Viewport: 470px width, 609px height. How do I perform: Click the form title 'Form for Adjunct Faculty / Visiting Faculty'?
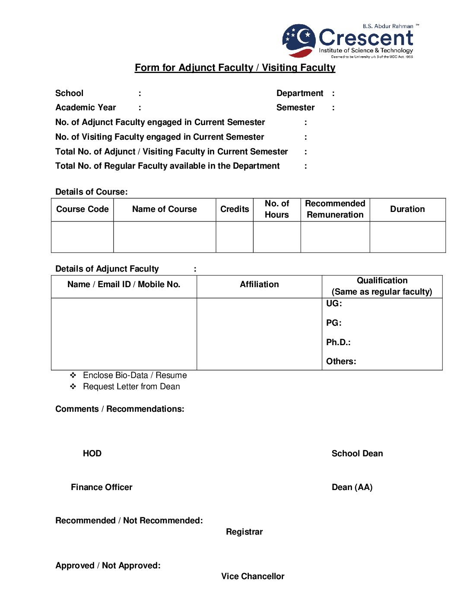[x=235, y=67]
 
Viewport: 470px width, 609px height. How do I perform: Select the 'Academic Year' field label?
[x=86, y=108]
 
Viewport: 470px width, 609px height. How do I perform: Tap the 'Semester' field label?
[x=295, y=108]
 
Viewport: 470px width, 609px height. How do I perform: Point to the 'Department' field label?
[x=300, y=93]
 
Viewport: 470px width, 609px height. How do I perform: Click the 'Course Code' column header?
[x=83, y=209]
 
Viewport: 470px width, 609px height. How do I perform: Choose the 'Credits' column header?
[x=235, y=209]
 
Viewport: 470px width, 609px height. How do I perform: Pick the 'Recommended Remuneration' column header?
[x=335, y=209]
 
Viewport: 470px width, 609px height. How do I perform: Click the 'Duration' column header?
[x=407, y=209]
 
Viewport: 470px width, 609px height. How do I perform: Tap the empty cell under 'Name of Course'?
[x=165, y=237]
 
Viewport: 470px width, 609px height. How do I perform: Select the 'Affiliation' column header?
[x=259, y=285]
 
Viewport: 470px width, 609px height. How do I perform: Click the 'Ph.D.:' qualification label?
[x=338, y=343]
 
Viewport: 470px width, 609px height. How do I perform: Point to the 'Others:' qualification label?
[x=341, y=362]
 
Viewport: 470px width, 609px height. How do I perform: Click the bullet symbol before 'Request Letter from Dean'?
[x=73, y=387]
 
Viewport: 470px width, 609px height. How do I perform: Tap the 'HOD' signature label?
[x=92, y=454]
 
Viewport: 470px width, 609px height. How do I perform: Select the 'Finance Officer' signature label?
[x=102, y=487]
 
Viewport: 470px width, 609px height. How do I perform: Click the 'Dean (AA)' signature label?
[x=352, y=487]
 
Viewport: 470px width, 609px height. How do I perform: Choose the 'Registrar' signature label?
[x=244, y=532]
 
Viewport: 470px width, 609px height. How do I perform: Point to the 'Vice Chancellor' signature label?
[x=253, y=577]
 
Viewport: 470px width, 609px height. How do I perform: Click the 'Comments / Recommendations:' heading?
[x=120, y=409]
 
